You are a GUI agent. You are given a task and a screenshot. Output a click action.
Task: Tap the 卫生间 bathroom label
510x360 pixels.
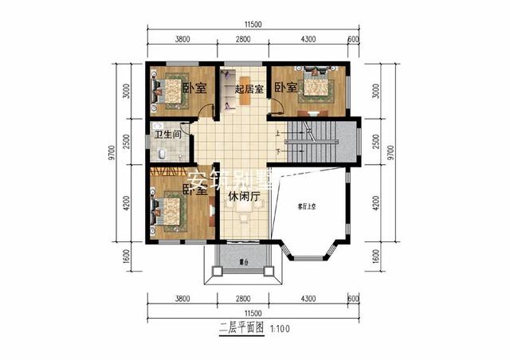167,135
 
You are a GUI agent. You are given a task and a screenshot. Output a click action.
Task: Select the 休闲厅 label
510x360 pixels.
244,196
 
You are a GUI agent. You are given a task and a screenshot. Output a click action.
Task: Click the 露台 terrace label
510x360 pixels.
243,261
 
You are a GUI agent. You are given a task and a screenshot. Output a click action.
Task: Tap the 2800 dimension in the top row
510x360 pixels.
243,39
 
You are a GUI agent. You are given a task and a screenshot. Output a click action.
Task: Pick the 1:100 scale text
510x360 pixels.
280,327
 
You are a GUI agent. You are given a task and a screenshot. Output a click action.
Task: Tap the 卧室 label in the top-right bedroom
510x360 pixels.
286,87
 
